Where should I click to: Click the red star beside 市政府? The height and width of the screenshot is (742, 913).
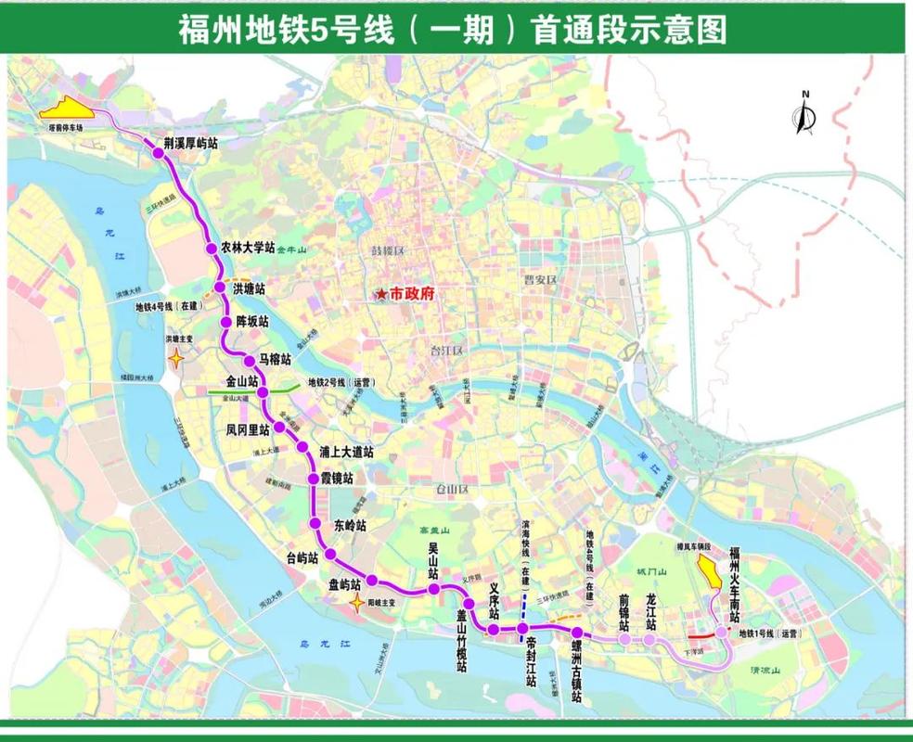pyautogui.click(x=380, y=294)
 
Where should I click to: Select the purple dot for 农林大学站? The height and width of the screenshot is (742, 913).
pyautogui.click(x=210, y=249)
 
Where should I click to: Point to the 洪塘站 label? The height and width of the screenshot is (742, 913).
pyautogui.click(x=249, y=289)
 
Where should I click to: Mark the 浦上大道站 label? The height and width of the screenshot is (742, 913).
pyautogui.click(x=346, y=453)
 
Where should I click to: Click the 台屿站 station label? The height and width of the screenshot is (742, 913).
pyautogui.click(x=302, y=557)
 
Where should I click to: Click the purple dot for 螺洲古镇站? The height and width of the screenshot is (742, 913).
pyautogui.click(x=576, y=633)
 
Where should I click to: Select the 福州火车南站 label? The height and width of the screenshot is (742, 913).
pyautogui.click(x=734, y=584)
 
